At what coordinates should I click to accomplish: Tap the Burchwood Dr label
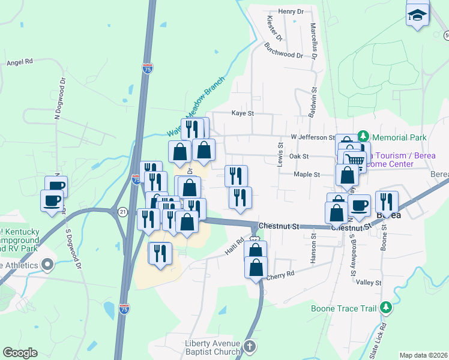pos(284,55)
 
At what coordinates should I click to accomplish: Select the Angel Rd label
pos(19,62)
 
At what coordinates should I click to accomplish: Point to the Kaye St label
pos(243,113)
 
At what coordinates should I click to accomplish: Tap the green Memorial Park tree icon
pos(363,137)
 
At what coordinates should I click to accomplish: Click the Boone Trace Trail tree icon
pos(387,308)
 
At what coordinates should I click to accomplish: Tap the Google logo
pos(20,353)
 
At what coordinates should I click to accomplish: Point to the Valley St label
pos(369,282)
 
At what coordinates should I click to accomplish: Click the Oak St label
pos(298,156)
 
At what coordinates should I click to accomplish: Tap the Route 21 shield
pos(123,211)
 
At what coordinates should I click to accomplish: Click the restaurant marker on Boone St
pos(387,202)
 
